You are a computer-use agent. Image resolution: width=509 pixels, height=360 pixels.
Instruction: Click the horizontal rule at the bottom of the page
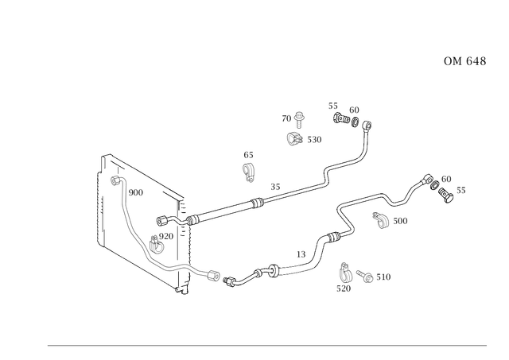pyautogui.click(x=266, y=343)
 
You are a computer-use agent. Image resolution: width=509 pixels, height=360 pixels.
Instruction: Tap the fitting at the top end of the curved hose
pyautogui.click(x=119, y=180)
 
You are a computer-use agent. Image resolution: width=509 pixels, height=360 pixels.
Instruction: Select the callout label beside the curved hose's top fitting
pyautogui.click(x=136, y=192)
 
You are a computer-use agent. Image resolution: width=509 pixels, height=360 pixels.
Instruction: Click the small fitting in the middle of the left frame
pyautogui.click(x=161, y=237)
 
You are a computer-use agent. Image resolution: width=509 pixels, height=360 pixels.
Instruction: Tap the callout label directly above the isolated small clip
pyautogui.click(x=248, y=153)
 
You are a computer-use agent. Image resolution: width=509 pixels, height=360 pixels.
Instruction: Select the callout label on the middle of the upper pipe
pyautogui.click(x=275, y=186)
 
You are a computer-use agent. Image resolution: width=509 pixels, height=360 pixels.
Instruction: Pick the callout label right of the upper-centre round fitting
pyautogui.click(x=314, y=140)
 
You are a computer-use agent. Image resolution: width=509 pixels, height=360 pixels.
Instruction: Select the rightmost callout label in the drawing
pyautogui.click(x=461, y=189)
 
